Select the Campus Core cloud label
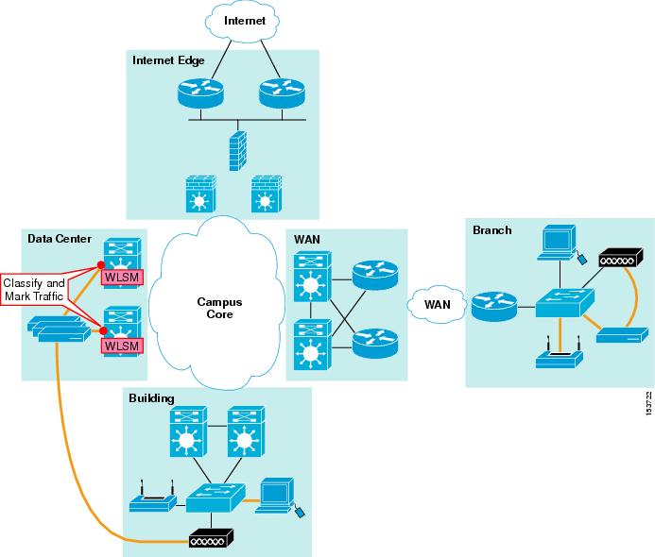tap(219, 308)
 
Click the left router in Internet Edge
tap(198, 92)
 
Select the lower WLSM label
tap(120, 346)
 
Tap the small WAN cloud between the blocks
tap(436, 305)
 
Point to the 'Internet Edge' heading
tap(168, 60)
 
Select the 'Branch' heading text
tap(492, 229)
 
